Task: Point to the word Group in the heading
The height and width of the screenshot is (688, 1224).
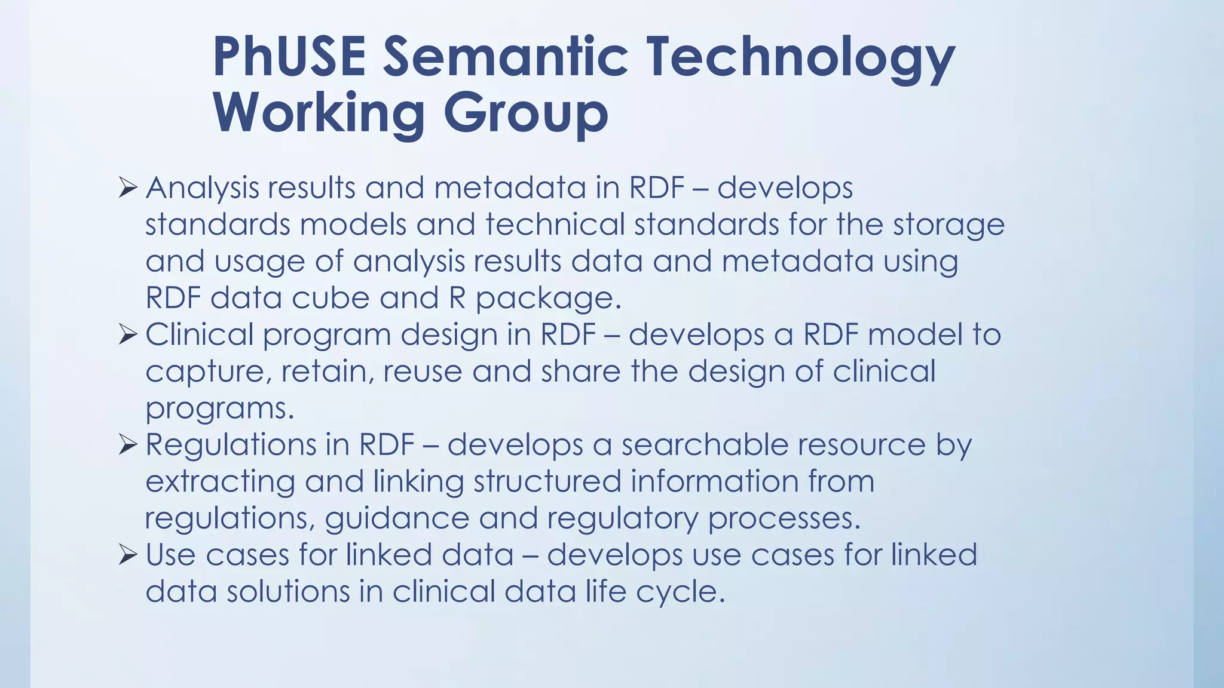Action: point(525,115)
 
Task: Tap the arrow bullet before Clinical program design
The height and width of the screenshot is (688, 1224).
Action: point(128,334)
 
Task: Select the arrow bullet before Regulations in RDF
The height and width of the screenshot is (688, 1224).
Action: point(128,444)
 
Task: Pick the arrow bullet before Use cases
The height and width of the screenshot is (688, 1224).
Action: point(128,555)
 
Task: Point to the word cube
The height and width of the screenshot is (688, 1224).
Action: point(331,297)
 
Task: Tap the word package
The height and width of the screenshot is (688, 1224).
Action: point(547,299)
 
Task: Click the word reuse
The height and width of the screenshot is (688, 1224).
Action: point(423,371)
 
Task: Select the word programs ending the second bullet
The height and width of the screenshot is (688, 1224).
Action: point(219,409)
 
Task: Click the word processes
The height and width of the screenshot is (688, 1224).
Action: point(784,518)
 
